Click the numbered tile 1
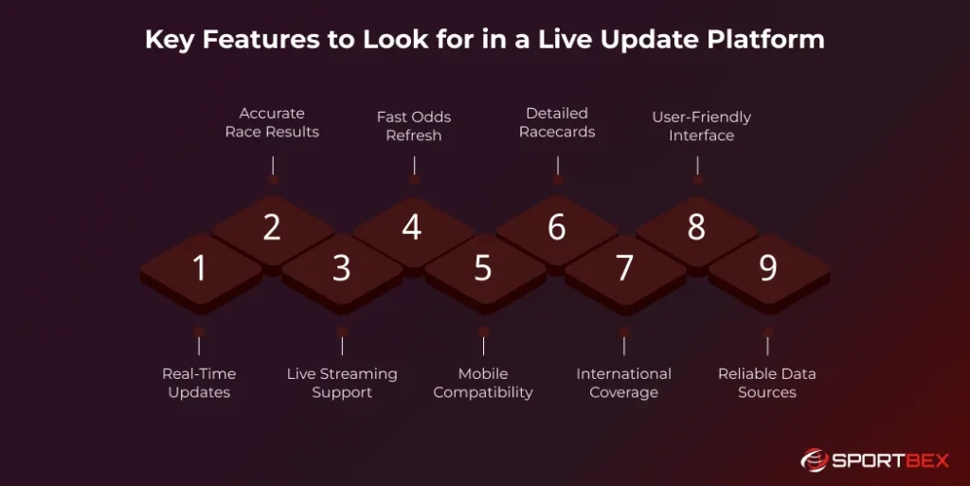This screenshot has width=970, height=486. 200,269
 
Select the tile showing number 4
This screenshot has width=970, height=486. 412,228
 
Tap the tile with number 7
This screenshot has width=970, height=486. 624,269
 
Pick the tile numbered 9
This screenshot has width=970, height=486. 768,269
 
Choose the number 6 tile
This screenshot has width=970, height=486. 556,228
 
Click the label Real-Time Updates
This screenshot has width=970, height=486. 199,383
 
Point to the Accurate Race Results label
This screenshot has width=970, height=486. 272,123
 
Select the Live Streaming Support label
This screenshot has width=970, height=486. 342,383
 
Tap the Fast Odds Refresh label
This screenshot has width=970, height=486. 414,126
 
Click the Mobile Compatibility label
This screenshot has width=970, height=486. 483,383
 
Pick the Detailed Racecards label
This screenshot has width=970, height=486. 557,123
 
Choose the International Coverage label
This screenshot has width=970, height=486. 623,383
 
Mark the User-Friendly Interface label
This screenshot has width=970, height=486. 701,126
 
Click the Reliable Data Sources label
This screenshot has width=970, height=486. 767,383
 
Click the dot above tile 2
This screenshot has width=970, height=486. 273,179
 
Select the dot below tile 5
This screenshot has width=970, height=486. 483,332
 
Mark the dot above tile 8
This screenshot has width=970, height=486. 698,179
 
